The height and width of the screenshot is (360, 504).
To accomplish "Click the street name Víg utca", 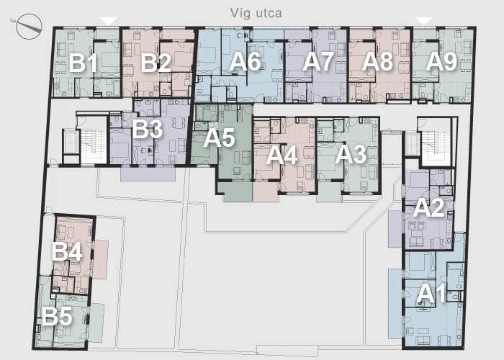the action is tap(256, 13).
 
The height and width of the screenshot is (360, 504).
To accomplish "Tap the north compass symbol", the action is tap(29, 27).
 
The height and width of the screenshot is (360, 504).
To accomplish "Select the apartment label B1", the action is tap(83, 63).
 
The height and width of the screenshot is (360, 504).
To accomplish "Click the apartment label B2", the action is tap(156, 63).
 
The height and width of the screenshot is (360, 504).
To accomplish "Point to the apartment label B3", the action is tap(147, 129).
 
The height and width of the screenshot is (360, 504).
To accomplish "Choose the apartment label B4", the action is tap(67, 252).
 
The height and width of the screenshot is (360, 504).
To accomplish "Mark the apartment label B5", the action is tap(57, 316).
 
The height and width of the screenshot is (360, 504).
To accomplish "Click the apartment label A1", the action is tap(431, 294).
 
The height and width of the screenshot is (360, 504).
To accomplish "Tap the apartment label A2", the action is tap(429, 208).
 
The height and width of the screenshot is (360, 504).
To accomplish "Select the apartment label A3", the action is tap(351, 155).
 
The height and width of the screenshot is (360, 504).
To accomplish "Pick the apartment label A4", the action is tap(282, 156).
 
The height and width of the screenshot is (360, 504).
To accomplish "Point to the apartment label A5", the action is tap(219, 138).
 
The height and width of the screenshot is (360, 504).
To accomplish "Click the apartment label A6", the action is tap(245, 61).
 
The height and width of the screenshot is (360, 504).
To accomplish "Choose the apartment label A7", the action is tap(318, 61).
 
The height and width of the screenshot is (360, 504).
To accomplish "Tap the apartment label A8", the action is tap(377, 61).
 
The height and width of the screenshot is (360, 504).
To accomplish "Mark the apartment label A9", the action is tap(441, 61).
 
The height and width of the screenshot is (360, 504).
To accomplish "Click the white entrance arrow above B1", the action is tap(109, 21).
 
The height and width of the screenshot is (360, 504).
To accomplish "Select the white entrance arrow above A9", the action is tap(423, 21).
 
